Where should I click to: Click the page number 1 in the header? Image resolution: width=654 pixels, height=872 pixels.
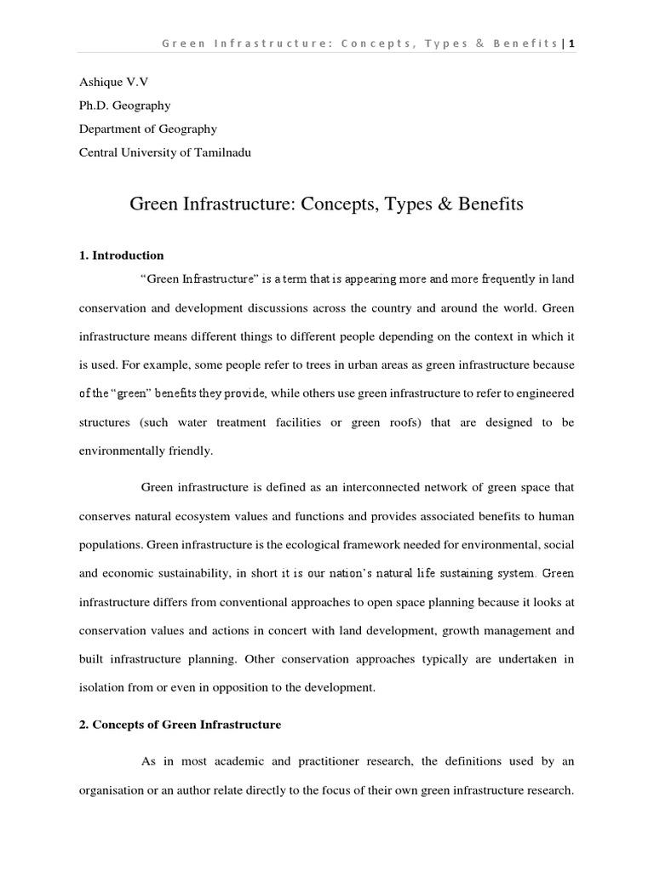click(571, 43)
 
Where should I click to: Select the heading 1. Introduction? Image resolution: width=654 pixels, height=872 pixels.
click(121, 255)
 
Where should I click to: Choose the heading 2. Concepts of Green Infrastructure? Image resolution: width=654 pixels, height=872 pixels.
click(180, 725)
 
